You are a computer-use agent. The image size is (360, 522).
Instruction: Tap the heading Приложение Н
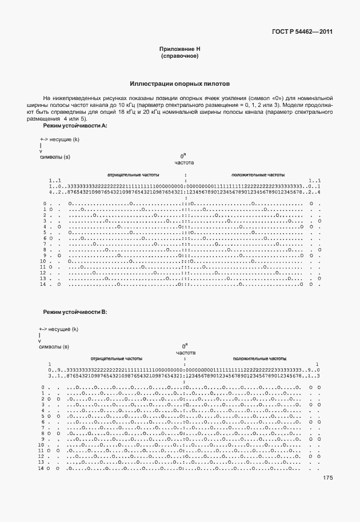pyautogui.click(x=179, y=49)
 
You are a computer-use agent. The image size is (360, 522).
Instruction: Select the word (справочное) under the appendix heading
pyautogui.click(x=179, y=56)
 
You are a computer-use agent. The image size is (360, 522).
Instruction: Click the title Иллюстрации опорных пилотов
pyautogui.click(x=179, y=83)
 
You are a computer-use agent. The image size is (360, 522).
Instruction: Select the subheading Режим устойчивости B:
pyautogui.click(x=75, y=312)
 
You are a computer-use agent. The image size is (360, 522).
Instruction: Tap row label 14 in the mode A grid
pyautogui.click(x=42, y=284)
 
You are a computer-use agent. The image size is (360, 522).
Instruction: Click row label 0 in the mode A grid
pyautogui.click(x=45, y=204)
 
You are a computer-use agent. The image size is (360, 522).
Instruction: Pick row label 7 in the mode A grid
pyautogui.click(x=44, y=244)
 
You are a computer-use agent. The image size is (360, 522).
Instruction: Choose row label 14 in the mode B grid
pyautogui.click(x=41, y=469)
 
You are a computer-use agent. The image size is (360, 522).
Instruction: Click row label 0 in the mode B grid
pyautogui.click(x=43, y=388)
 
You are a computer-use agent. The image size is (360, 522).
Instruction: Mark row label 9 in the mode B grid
pyautogui.click(x=43, y=440)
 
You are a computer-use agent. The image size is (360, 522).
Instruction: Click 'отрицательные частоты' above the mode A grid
pyautogui.click(x=133, y=174)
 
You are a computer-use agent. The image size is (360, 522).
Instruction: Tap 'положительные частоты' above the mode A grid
pyautogui.click(x=258, y=174)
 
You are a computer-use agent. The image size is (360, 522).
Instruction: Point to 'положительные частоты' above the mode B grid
pyautogui.click(x=259, y=358)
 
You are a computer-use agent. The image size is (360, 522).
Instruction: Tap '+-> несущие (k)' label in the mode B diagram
pyautogui.click(x=58, y=329)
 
